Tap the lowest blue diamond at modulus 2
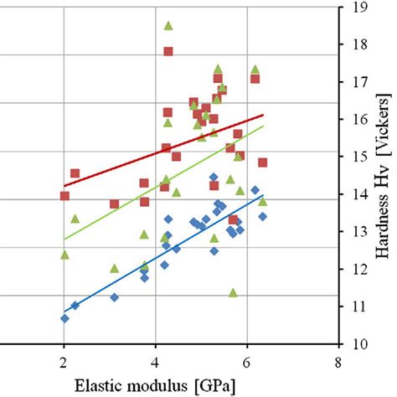(x=64, y=318)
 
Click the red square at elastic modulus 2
(x=64, y=196)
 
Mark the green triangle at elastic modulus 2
(x=64, y=255)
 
